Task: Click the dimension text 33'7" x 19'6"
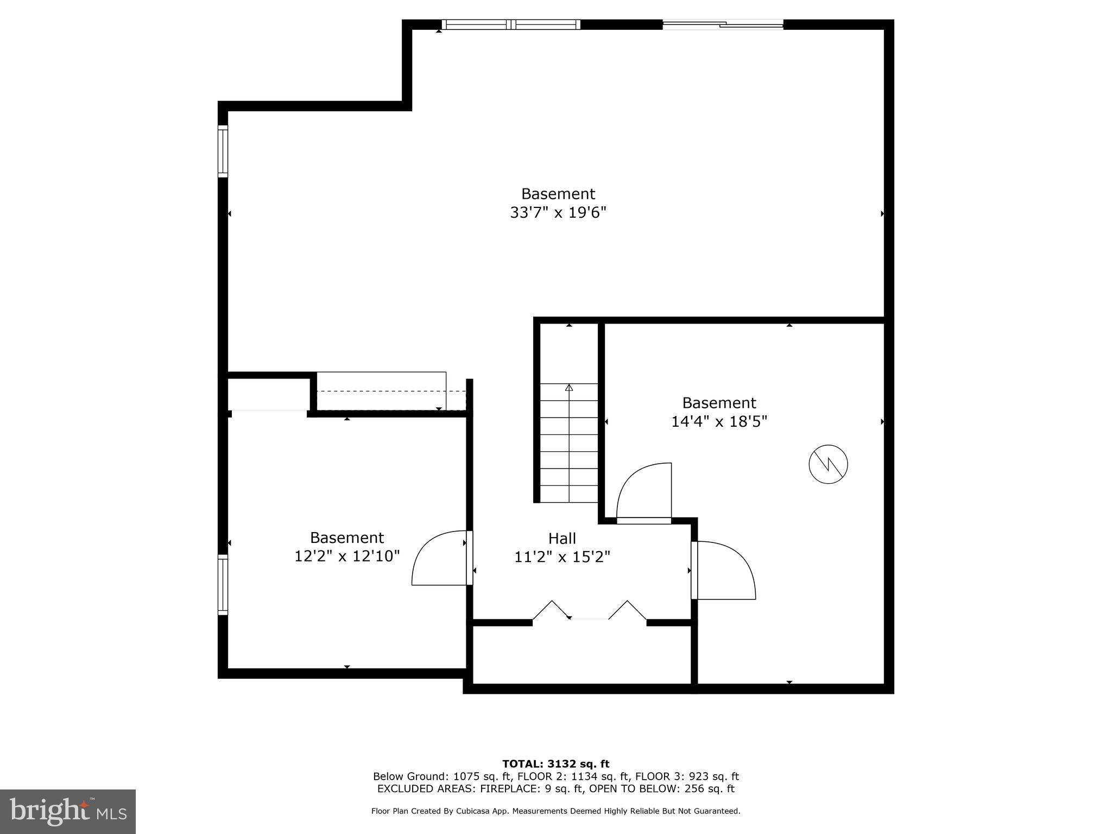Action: pos(558,212)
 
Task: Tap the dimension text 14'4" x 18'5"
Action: pos(719,421)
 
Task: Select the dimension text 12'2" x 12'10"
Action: pos(347,556)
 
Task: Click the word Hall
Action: pos(562,538)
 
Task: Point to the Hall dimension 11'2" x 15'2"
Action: pos(562,557)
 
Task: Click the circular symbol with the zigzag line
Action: pos(828,464)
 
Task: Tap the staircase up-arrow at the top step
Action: pos(569,388)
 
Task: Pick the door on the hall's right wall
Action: pos(725,570)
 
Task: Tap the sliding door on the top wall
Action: pos(723,24)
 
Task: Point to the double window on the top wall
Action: pos(511,24)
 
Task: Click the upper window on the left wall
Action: pos(223,151)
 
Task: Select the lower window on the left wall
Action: pos(223,584)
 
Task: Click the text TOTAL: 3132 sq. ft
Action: pos(555,764)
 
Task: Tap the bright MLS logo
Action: pos(68,811)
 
